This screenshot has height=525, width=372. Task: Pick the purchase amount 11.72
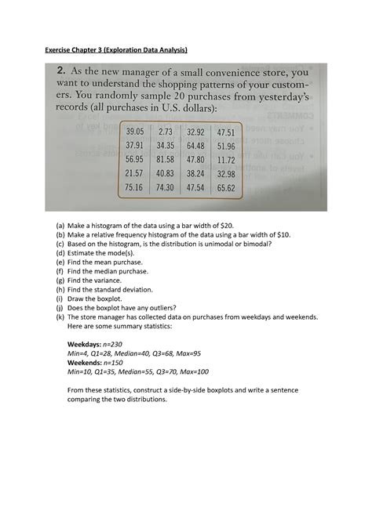(225, 159)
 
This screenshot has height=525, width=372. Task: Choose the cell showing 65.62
(225, 188)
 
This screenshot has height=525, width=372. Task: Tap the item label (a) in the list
(60, 223)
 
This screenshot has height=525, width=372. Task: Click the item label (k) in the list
(60, 317)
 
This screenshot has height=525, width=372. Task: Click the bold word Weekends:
(85, 362)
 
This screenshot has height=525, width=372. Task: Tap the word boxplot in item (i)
(104, 299)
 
